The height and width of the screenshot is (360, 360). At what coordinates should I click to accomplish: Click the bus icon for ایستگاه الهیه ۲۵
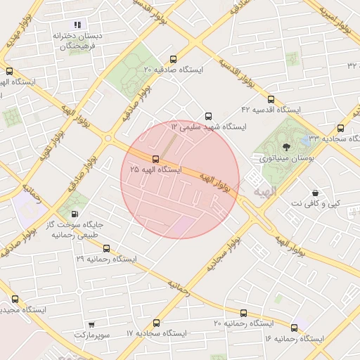pyautogui.click(x=156, y=159)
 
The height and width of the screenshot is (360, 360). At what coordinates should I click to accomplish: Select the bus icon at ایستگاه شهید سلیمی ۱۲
pyautogui.click(x=207, y=116)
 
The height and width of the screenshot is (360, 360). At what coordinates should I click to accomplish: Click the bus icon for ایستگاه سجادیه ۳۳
pyautogui.click(x=341, y=128)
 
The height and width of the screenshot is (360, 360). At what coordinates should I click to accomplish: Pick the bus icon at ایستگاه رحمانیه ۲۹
pyautogui.click(x=106, y=248)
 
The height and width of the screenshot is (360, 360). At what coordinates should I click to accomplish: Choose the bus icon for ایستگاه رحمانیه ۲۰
pyautogui.click(x=243, y=313)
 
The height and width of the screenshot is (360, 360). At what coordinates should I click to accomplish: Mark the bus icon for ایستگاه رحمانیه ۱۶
pyautogui.click(x=294, y=328)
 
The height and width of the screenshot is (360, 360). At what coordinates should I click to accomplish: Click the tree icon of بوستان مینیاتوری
pyautogui.click(x=285, y=148)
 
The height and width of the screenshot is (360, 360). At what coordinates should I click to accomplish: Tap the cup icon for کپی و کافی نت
pyautogui.click(x=315, y=192)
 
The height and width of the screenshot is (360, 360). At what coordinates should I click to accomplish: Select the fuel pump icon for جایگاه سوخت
pyautogui.click(x=75, y=214)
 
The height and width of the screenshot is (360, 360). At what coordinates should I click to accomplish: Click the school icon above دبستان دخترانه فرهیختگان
pyautogui.click(x=77, y=25)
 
